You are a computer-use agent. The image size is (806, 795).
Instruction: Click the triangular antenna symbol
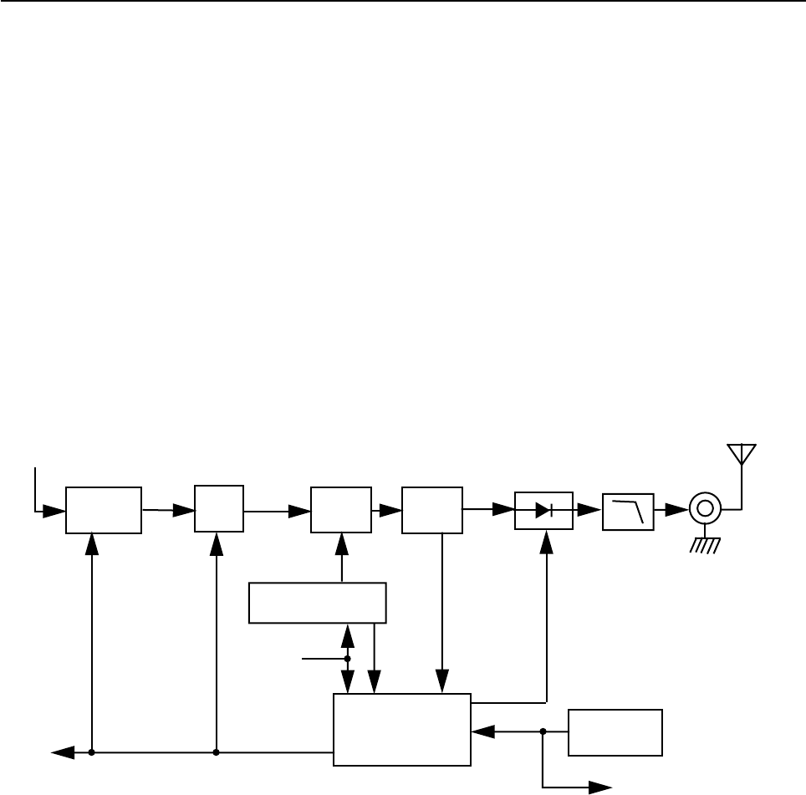click(741, 454)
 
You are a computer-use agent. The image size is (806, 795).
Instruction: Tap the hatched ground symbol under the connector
click(705, 546)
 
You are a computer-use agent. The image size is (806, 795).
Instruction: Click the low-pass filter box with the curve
click(628, 510)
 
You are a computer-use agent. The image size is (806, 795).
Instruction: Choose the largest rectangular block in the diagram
click(402, 729)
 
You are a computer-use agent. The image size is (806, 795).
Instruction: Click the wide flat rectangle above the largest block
click(318, 603)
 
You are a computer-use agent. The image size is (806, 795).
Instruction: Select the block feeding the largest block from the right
click(615, 732)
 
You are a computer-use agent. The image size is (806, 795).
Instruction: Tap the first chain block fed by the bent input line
click(104, 509)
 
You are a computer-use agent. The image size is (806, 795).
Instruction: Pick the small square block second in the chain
click(219, 508)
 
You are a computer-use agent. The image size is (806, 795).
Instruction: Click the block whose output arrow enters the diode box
click(432, 509)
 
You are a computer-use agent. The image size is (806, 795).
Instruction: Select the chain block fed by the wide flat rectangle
click(341, 509)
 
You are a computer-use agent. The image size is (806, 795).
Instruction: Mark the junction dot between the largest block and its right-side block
click(543, 731)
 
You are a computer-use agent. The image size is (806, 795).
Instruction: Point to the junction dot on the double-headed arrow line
click(348, 659)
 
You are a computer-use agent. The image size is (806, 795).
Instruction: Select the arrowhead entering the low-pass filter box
click(592, 508)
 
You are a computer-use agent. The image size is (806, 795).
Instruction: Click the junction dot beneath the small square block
click(217, 752)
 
